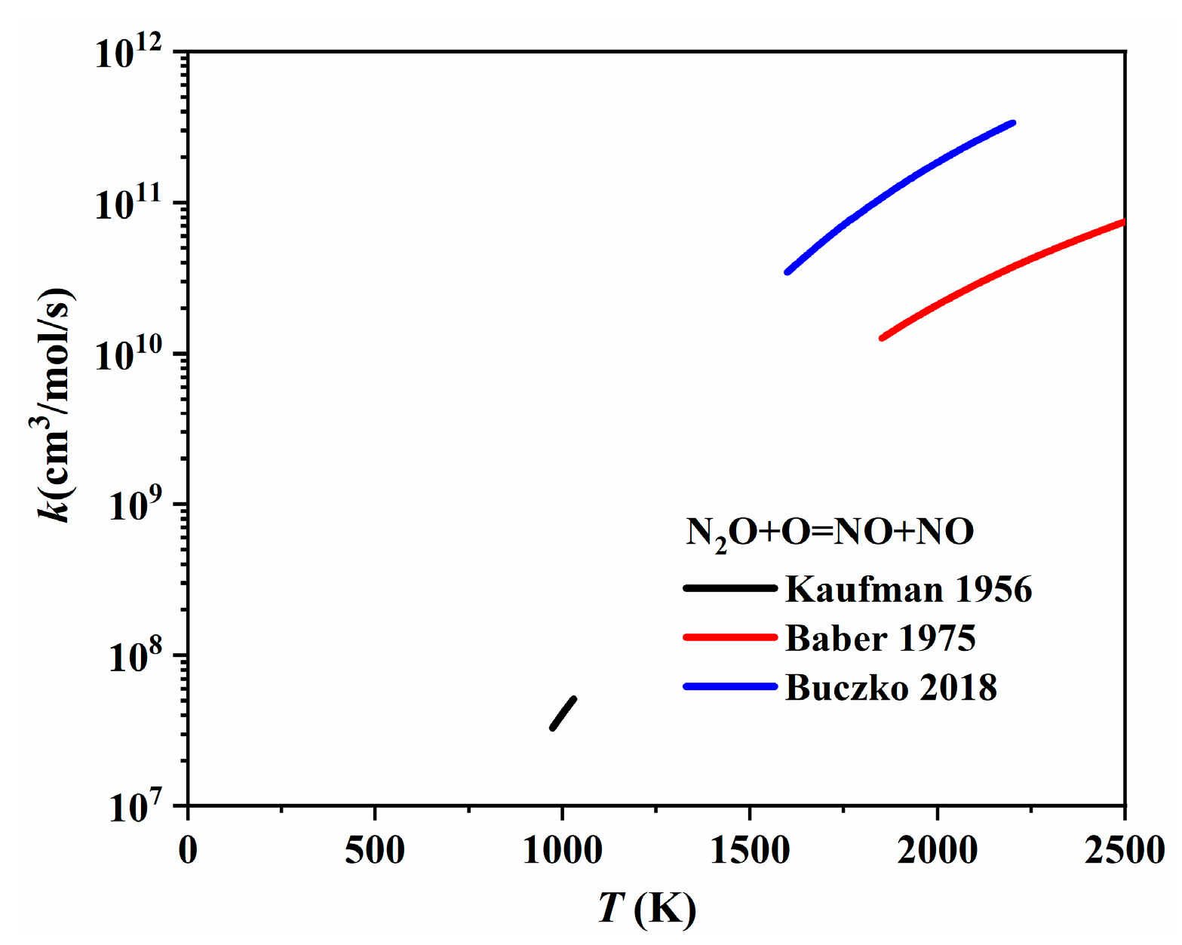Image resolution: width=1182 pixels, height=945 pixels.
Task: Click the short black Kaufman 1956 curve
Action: [563, 713]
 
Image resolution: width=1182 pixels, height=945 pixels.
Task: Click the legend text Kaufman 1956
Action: [908, 589]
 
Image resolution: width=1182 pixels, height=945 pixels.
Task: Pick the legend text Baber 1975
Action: [880, 638]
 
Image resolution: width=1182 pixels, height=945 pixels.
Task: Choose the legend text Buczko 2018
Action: [891, 688]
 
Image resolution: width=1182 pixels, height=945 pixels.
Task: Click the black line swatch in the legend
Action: [729, 588]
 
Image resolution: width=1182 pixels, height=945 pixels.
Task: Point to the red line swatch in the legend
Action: [729, 637]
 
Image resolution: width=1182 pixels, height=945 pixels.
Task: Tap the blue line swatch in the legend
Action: [729, 686]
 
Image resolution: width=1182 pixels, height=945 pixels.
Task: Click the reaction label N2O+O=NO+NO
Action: [830, 533]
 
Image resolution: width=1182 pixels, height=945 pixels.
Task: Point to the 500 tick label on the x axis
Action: [375, 851]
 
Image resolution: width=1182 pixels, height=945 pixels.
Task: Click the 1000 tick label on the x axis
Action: [563, 851]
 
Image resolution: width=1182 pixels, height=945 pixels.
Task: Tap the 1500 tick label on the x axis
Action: [750, 851]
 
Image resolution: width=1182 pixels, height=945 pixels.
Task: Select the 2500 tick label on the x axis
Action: [1124, 851]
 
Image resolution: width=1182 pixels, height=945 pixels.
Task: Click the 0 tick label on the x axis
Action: [188, 851]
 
